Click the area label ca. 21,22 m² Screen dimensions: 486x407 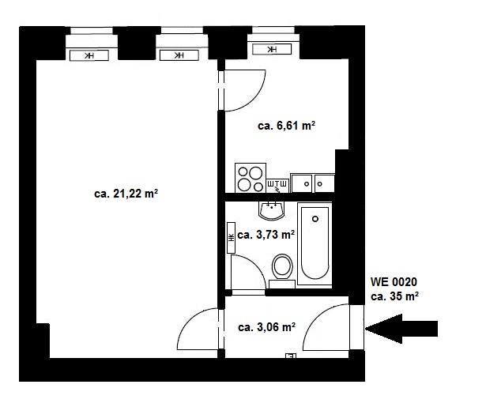click(x=126, y=194)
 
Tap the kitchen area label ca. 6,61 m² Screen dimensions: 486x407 click(x=287, y=126)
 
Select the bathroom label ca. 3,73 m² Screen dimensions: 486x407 click(x=266, y=235)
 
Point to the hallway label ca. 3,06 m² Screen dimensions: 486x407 click(x=266, y=327)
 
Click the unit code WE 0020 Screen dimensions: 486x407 click(x=394, y=282)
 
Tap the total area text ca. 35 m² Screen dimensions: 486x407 click(x=395, y=296)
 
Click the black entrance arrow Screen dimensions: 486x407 click(x=401, y=329)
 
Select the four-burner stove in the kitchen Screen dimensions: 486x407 click(x=251, y=178)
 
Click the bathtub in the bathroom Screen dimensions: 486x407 click(x=315, y=243)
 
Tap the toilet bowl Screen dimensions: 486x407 click(x=282, y=270)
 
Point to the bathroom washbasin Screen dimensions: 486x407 click(x=272, y=211)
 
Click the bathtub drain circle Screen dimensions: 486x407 click(x=315, y=219)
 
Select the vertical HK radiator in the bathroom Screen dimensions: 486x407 click(x=231, y=237)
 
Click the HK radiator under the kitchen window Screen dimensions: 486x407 click(x=272, y=49)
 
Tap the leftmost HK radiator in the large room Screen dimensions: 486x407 click(x=89, y=55)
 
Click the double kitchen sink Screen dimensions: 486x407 click(x=312, y=183)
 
